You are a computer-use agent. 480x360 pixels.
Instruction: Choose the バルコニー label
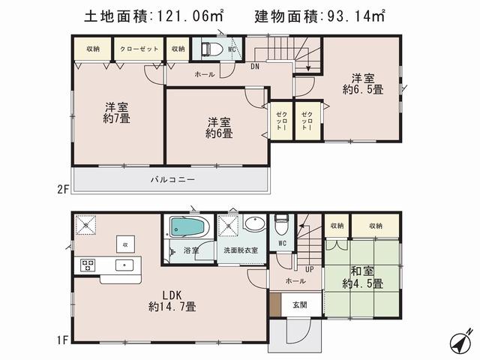(172, 180)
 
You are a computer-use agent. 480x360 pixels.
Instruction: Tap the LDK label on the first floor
(172, 300)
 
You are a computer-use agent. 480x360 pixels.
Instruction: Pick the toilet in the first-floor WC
(281, 224)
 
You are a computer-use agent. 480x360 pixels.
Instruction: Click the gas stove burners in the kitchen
(85, 265)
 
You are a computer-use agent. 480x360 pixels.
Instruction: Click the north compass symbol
(460, 340)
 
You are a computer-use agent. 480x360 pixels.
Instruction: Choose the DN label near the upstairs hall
(256, 66)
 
